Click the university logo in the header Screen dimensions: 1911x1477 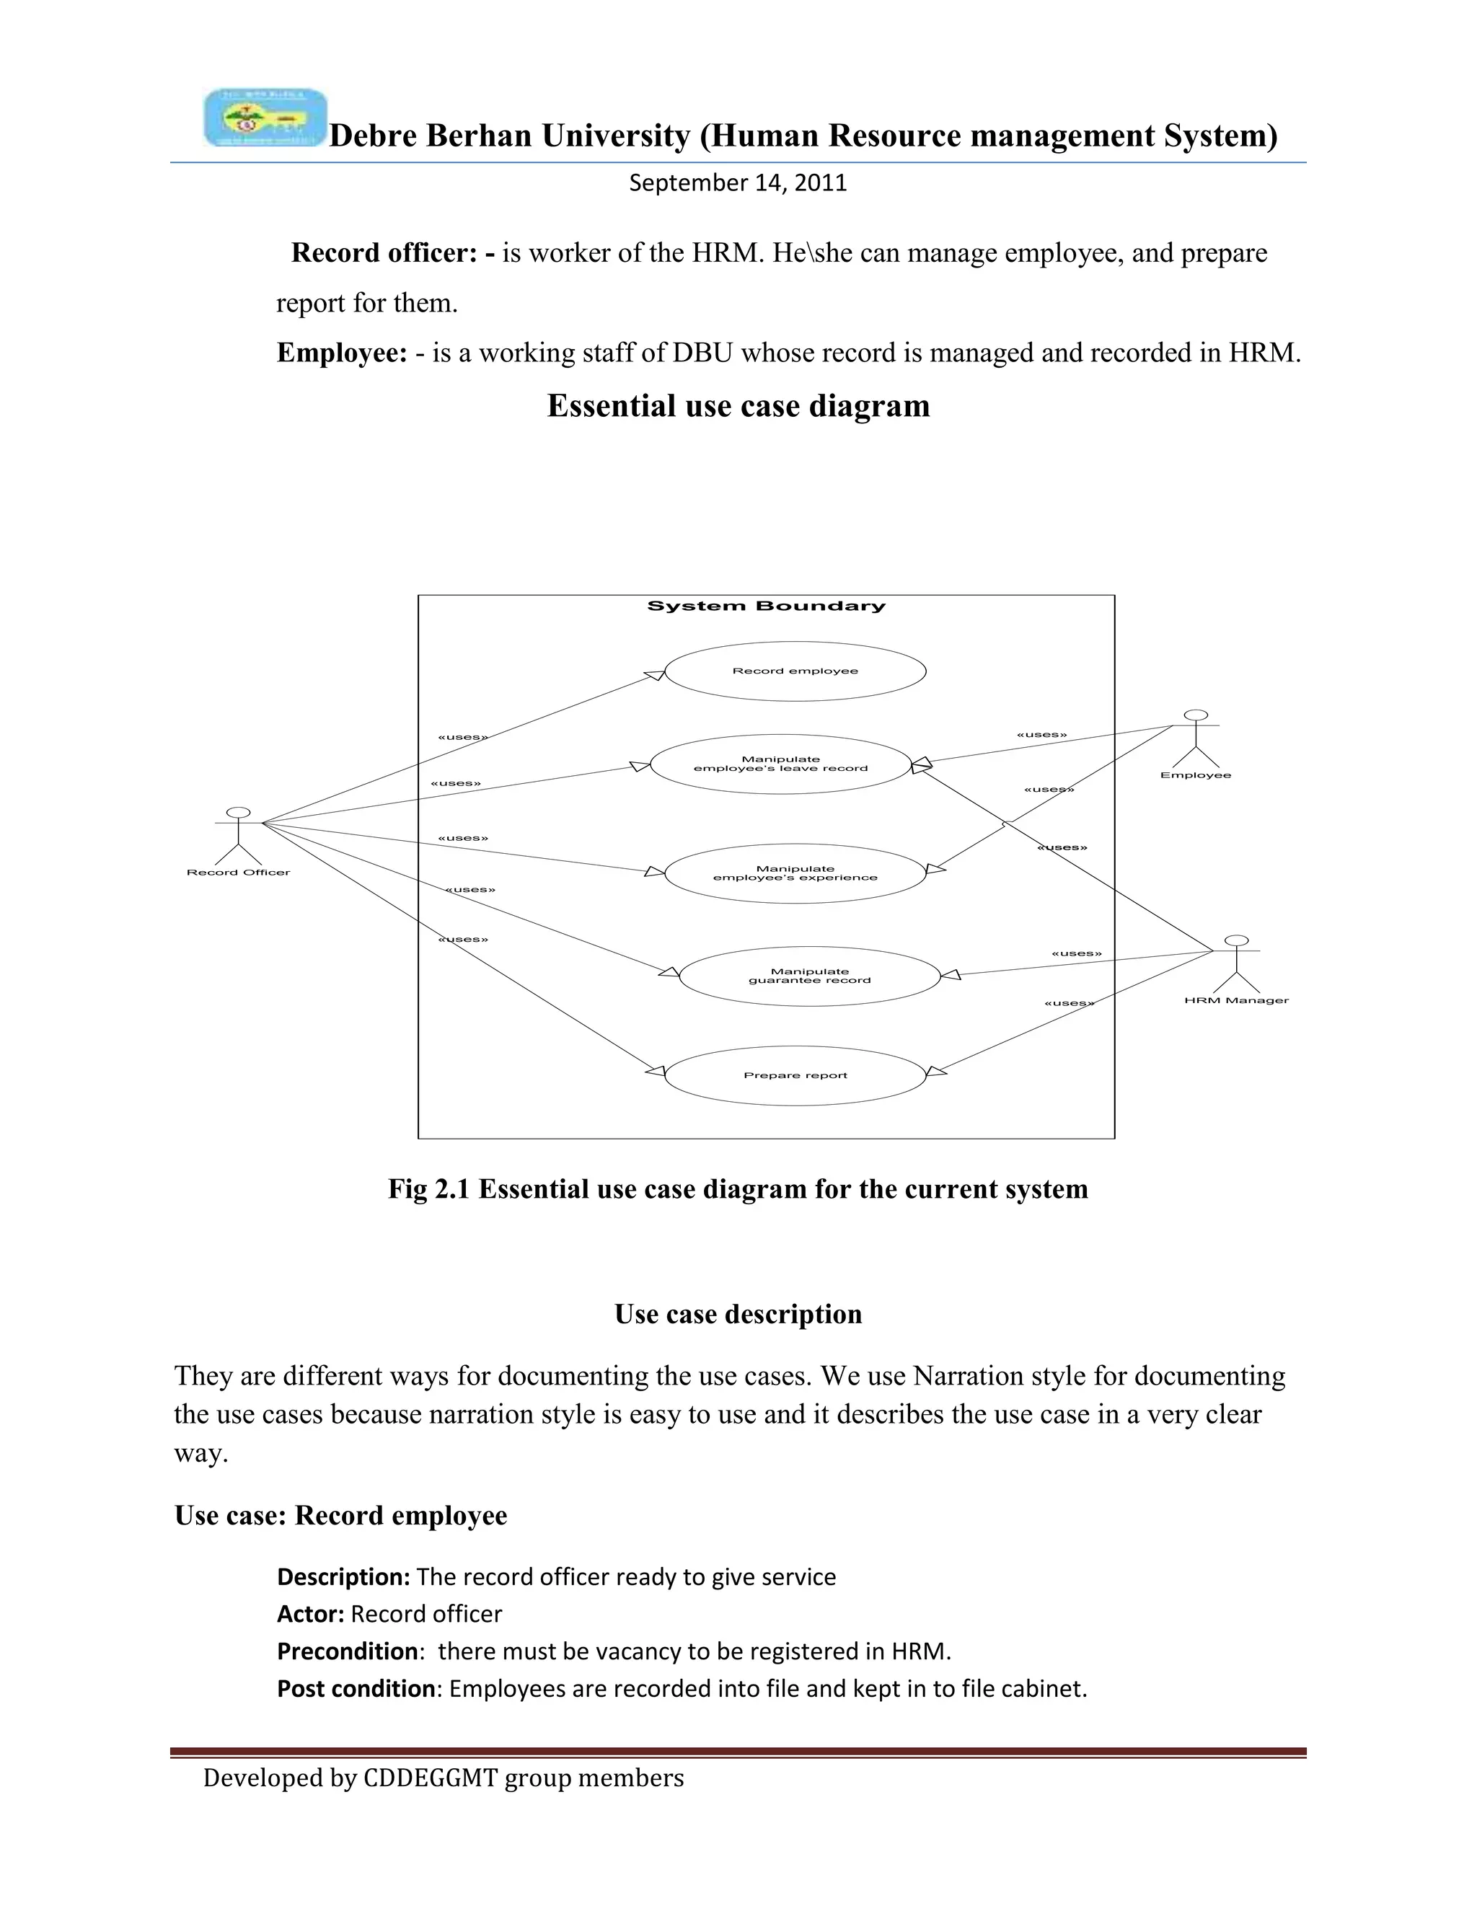(265, 118)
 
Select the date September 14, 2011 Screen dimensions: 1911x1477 (738, 183)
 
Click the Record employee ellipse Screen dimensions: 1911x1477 (795, 671)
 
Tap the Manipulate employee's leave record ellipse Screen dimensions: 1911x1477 (780, 764)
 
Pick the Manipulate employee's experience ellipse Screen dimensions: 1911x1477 (795, 873)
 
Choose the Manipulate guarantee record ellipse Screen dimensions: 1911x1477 (809, 976)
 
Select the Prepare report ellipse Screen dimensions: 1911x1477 (795, 1075)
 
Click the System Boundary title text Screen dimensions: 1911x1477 (766, 606)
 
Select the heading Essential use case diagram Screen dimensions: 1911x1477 (738, 406)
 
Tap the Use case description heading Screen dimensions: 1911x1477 (738, 1314)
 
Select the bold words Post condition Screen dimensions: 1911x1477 (356, 1688)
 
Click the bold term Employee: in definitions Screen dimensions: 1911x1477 (342, 353)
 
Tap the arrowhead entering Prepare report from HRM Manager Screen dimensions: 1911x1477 (935, 1071)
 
